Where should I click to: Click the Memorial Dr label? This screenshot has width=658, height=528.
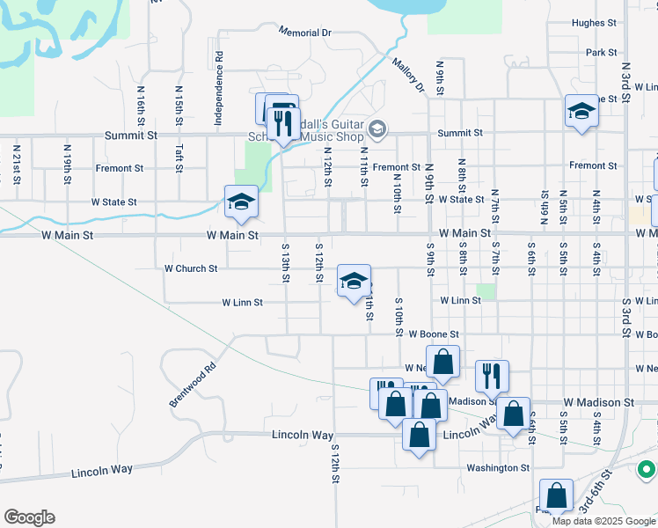(305, 32)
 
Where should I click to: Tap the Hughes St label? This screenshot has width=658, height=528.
(594, 23)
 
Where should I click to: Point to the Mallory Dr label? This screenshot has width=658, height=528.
(408, 76)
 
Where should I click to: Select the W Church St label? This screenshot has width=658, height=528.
(191, 268)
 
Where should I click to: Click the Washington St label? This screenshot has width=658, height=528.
(499, 468)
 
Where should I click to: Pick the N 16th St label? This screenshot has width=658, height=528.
(141, 103)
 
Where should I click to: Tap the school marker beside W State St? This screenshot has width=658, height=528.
(241, 202)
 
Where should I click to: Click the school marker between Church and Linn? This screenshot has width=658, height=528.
(354, 281)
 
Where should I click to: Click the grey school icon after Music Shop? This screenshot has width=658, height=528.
(377, 130)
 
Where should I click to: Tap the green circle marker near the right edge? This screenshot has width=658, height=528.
(648, 470)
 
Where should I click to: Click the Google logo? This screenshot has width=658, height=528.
(29, 517)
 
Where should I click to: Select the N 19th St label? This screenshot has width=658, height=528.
(67, 165)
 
